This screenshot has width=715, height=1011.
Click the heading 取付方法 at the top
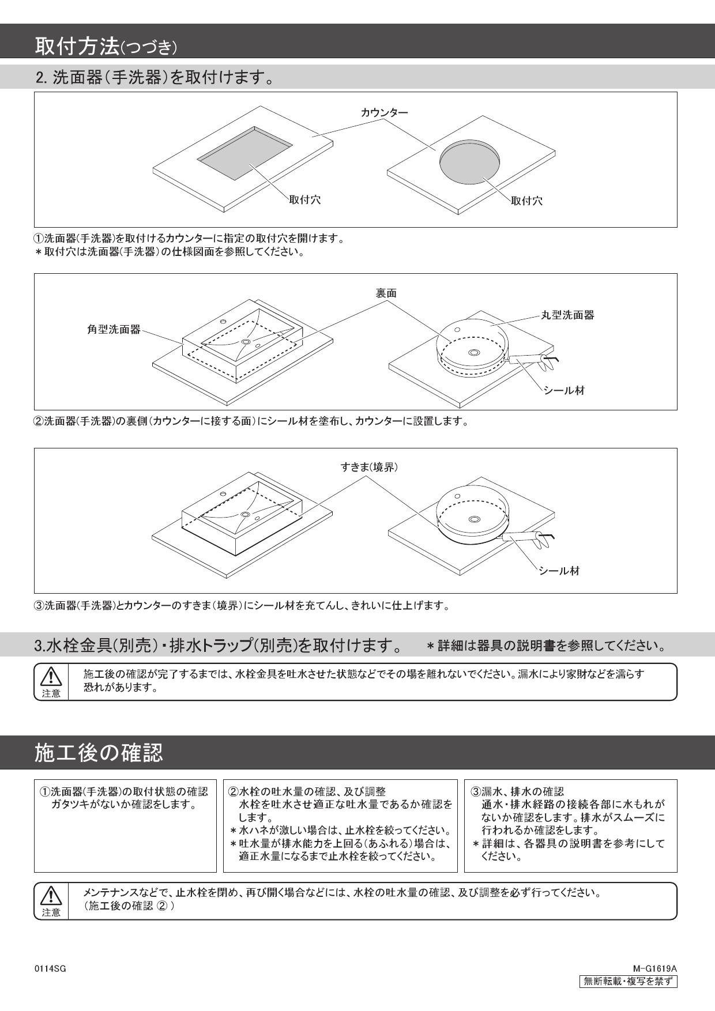click(77, 46)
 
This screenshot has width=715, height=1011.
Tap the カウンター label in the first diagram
click(384, 112)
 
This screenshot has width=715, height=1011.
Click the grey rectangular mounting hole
click(244, 154)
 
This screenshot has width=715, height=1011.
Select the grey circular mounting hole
click(469, 161)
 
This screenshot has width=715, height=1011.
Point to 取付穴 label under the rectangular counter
click(305, 200)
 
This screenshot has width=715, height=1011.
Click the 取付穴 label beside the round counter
click(526, 201)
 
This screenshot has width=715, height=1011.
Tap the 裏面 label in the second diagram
click(386, 293)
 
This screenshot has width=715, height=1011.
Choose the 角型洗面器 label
click(110, 330)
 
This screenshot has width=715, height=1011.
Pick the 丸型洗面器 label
click(567, 315)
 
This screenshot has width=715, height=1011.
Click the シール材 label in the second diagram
click(565, 390)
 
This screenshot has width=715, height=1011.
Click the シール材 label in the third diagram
click(559, 571)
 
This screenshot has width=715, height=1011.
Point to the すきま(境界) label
click(369, 467)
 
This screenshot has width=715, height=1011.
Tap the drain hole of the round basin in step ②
click(475, 352)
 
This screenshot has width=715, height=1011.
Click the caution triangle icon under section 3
click(51, 676)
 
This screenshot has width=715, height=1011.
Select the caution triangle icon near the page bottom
click(51, 895)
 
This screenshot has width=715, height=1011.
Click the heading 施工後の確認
click(99, 753)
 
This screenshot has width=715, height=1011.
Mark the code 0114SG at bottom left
click(50, 969)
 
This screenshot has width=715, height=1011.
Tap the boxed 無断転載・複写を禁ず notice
click(628, 981)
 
